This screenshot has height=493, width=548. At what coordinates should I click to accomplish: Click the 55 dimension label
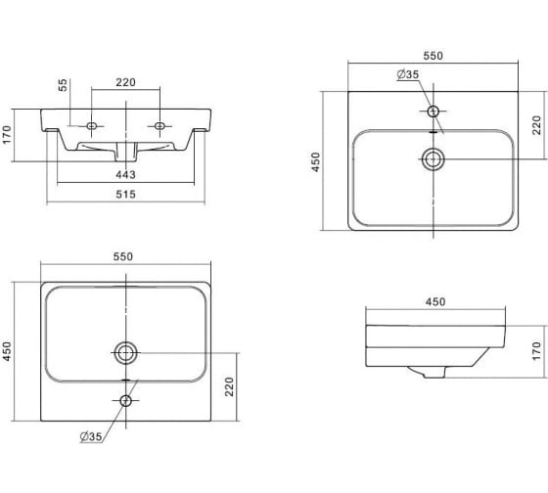point(63,85)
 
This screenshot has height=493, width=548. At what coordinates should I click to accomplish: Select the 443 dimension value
point(126,174)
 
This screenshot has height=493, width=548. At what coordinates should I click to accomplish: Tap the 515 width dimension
point(126,195)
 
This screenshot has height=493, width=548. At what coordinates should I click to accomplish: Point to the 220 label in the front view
point(126,82)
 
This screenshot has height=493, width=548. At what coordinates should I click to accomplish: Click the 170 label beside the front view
point(7,135)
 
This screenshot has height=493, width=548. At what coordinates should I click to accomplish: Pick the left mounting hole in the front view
point(92,126)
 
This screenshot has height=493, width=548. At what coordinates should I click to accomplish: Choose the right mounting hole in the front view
point(160,126)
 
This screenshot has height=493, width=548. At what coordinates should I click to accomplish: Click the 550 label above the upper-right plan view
point(433,56)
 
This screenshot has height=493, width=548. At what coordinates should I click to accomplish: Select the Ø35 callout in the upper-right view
point(408,74)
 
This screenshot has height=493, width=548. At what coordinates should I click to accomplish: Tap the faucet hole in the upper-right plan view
point(434,112)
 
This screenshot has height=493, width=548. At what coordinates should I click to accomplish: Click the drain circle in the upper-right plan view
point(434,159)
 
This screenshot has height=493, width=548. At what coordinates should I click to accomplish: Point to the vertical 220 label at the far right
point(536,125)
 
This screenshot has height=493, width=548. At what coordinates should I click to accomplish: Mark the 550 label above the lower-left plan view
point(123,257)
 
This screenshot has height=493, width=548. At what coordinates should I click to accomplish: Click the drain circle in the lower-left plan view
point(126,353)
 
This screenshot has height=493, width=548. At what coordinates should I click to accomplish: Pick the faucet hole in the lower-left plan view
point(126,401)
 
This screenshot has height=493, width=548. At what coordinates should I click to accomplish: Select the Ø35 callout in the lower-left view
point(91,436)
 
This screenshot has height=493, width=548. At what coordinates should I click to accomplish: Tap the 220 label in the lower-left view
point(229,386)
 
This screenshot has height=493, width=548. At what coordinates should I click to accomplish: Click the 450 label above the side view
point(435,302)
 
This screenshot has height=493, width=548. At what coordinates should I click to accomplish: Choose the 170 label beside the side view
point(536,351)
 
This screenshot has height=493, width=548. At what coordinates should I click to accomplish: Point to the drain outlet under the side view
point(434,373)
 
